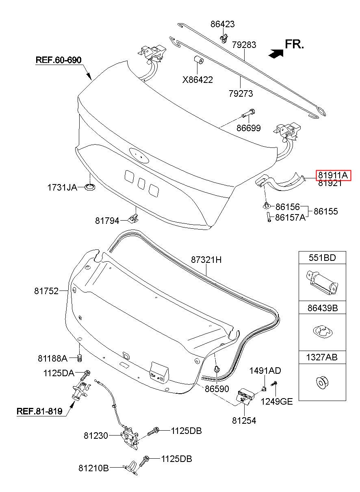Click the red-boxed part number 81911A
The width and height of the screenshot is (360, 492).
pyautogui.click(x=333, y=175)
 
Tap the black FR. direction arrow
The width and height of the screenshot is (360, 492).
pyautogui.click(x=276, y=53)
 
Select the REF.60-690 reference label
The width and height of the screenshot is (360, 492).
pyautogui.click(x=59, y=60)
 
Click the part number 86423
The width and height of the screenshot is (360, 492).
pyautogui.click(x=223, y=24)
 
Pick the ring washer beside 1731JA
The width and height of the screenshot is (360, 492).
pyautogui.click(x=90, y=187)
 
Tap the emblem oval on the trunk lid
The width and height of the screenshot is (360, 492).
pyautogui.click(x=139, y=155)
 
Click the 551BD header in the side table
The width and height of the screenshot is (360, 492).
pyautogui.click(x=322, y=258)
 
